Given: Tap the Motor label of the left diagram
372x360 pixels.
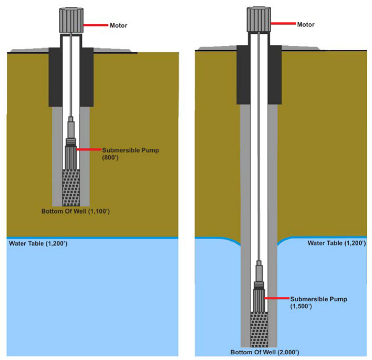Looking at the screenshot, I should pos(118,25).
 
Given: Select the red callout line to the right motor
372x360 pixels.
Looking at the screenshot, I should pos(283,24).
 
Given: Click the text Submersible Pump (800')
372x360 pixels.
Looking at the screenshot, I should pos(116,154).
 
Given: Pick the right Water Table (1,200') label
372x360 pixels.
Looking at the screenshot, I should pos(336,243).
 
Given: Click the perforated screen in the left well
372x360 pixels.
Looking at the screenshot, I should pos(71,187).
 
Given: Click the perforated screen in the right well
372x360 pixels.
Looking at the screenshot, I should pos(259,329).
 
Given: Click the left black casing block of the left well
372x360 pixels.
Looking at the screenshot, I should pos(55,77).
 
